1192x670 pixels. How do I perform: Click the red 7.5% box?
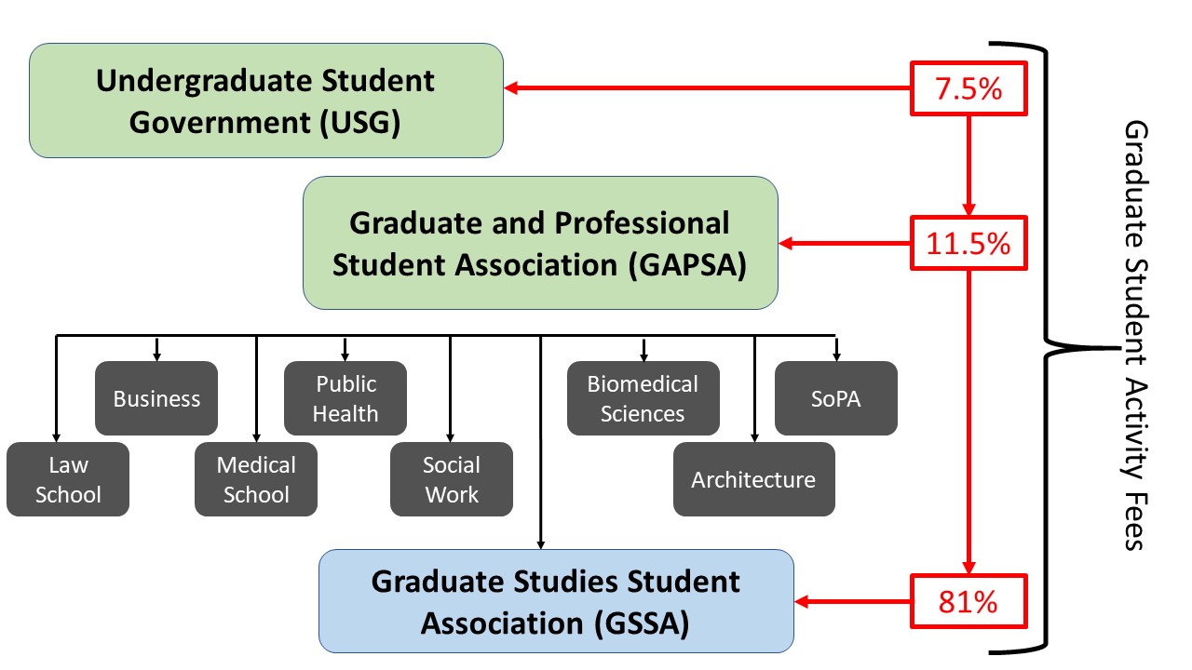[968, 88]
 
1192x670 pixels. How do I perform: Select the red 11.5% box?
[968, 243]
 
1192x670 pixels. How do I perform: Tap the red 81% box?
[968, 601]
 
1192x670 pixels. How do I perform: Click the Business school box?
[156, 398]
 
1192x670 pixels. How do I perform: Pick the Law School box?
[68, 479]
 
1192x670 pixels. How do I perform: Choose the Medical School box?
[256, 479]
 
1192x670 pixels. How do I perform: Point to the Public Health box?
[345, 398]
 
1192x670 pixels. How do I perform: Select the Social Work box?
[452, 479]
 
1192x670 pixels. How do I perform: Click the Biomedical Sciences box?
[643, 398]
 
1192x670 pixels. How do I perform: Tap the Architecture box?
[754, 479]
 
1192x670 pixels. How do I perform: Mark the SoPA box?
[836, 398]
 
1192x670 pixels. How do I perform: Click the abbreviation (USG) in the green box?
[359, 123]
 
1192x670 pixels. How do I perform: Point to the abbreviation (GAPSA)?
[687, 265]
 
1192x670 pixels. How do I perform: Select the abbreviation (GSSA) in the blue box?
[642, 623]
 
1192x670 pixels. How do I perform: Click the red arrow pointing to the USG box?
[707, 87]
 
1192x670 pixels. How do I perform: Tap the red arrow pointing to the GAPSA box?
[845, 243]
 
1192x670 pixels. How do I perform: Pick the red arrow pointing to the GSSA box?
[852, 601]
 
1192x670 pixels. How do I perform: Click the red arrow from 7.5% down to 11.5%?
[968, 166]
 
